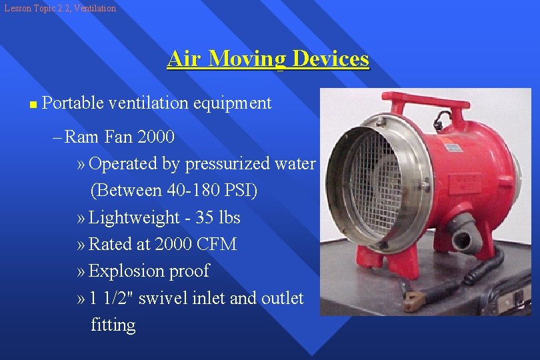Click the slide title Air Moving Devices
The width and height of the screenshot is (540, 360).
(x=268, y=59)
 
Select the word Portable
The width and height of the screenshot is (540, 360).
(x=72, y=103)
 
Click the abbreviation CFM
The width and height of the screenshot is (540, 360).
(x=217, y=245)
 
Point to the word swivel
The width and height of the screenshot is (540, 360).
(x=164, y=298)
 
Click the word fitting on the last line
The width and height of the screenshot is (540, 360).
(x=113, y=325)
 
